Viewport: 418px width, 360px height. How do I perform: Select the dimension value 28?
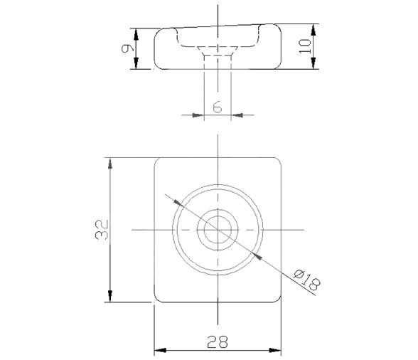pos(217,342)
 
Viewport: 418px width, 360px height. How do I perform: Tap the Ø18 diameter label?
pos(307,279)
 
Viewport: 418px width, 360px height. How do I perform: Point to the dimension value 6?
pos(218,107)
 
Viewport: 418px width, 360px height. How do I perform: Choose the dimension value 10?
pos(305,47)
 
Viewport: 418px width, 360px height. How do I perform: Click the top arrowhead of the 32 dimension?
pos(109,163)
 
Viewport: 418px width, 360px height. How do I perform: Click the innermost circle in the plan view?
pos(218,230)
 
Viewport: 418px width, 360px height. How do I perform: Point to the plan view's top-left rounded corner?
pos(159,161)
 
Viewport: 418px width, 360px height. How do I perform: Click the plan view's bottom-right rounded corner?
pos(277,298)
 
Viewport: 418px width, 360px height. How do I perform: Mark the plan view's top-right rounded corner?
pos(277,161)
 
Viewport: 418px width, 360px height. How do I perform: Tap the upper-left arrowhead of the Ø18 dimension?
pos(178,203)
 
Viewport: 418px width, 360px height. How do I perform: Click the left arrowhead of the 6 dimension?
pos(198,114)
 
